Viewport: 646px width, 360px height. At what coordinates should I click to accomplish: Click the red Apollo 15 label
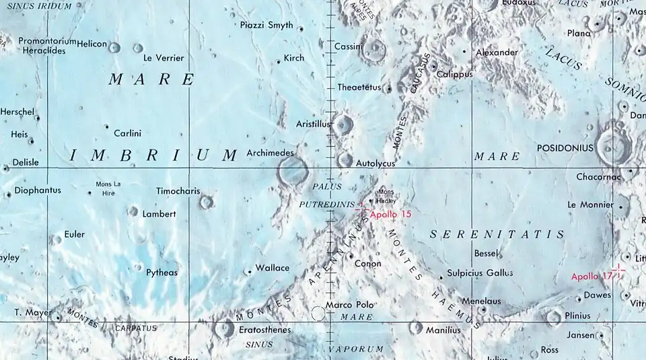tap(390, 213)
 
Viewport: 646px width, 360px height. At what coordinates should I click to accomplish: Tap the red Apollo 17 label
tap(592, 277)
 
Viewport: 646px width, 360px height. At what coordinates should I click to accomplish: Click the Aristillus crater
tap(344, 124)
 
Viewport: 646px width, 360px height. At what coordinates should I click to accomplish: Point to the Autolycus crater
tap(345, 160)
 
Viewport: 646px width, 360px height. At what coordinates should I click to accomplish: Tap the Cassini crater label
tap(349, 46)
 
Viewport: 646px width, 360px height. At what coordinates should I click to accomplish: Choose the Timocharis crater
tap(206, 201)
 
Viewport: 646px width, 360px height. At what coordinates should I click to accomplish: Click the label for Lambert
tap(159, 214)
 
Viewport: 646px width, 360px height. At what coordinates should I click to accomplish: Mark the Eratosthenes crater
tap(223, 328)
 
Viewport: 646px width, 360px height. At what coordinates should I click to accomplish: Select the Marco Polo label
tap(349, 305)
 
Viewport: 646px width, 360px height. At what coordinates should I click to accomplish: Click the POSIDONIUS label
tap(565, 147)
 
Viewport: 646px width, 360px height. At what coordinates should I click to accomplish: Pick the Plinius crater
tap(554, 317)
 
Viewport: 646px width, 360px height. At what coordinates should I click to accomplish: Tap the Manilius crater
tap(415, 328)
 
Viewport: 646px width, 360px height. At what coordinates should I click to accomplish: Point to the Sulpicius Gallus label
tap(480, 273)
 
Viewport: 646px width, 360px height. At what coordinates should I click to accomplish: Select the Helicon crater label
tap(92, 44)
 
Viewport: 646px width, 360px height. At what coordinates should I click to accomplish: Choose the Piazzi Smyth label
tap(266, 26)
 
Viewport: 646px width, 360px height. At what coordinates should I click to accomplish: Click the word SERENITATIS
tap(497, 234)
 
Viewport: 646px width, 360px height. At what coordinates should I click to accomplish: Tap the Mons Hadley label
tap(387, 196)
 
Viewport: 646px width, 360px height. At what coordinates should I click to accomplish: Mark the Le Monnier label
tap(591, 205)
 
